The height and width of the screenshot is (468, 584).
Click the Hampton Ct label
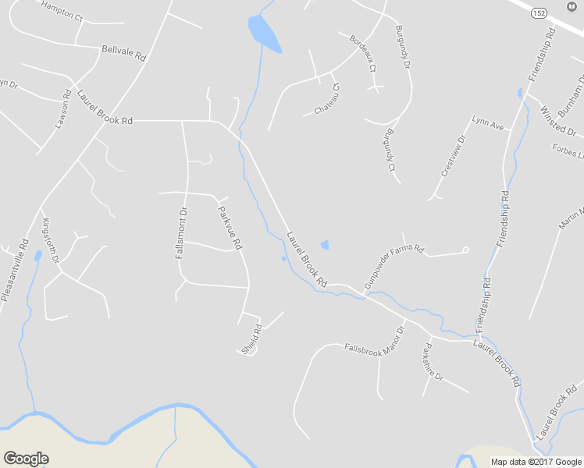62,9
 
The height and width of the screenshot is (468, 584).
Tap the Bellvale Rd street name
123,53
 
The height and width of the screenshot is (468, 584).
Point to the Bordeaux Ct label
363,53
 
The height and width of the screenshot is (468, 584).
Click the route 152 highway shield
539,14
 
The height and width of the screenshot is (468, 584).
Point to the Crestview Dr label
452,156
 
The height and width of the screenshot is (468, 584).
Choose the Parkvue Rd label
230,227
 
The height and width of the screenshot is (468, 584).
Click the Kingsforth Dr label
50,239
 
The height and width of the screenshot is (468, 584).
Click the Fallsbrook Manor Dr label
376,342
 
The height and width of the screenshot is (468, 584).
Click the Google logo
26,459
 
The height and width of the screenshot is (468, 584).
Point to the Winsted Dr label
557,119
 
